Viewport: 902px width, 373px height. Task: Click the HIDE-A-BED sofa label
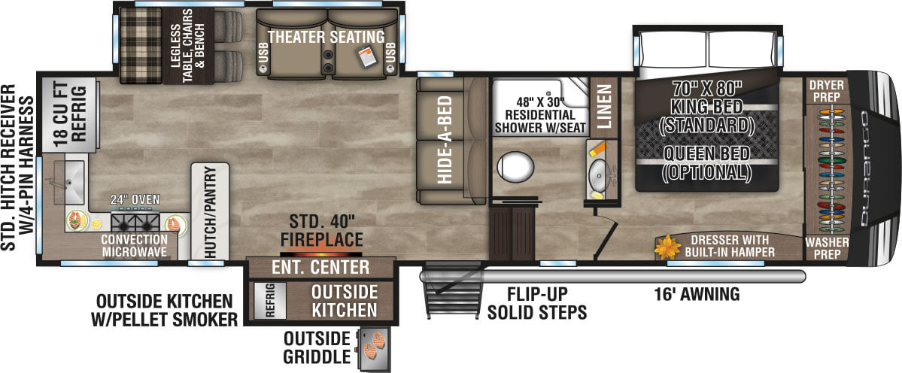coord(444,141)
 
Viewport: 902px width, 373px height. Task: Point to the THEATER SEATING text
coord(326,36)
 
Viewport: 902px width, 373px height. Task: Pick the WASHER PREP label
coord(826,248)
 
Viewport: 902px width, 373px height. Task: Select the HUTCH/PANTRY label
coord(210,211)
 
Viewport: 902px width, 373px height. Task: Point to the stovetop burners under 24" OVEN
coord(136,222)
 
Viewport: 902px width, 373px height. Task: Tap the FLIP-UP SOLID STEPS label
coord(535,303)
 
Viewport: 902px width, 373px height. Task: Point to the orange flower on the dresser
coord(667,246)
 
